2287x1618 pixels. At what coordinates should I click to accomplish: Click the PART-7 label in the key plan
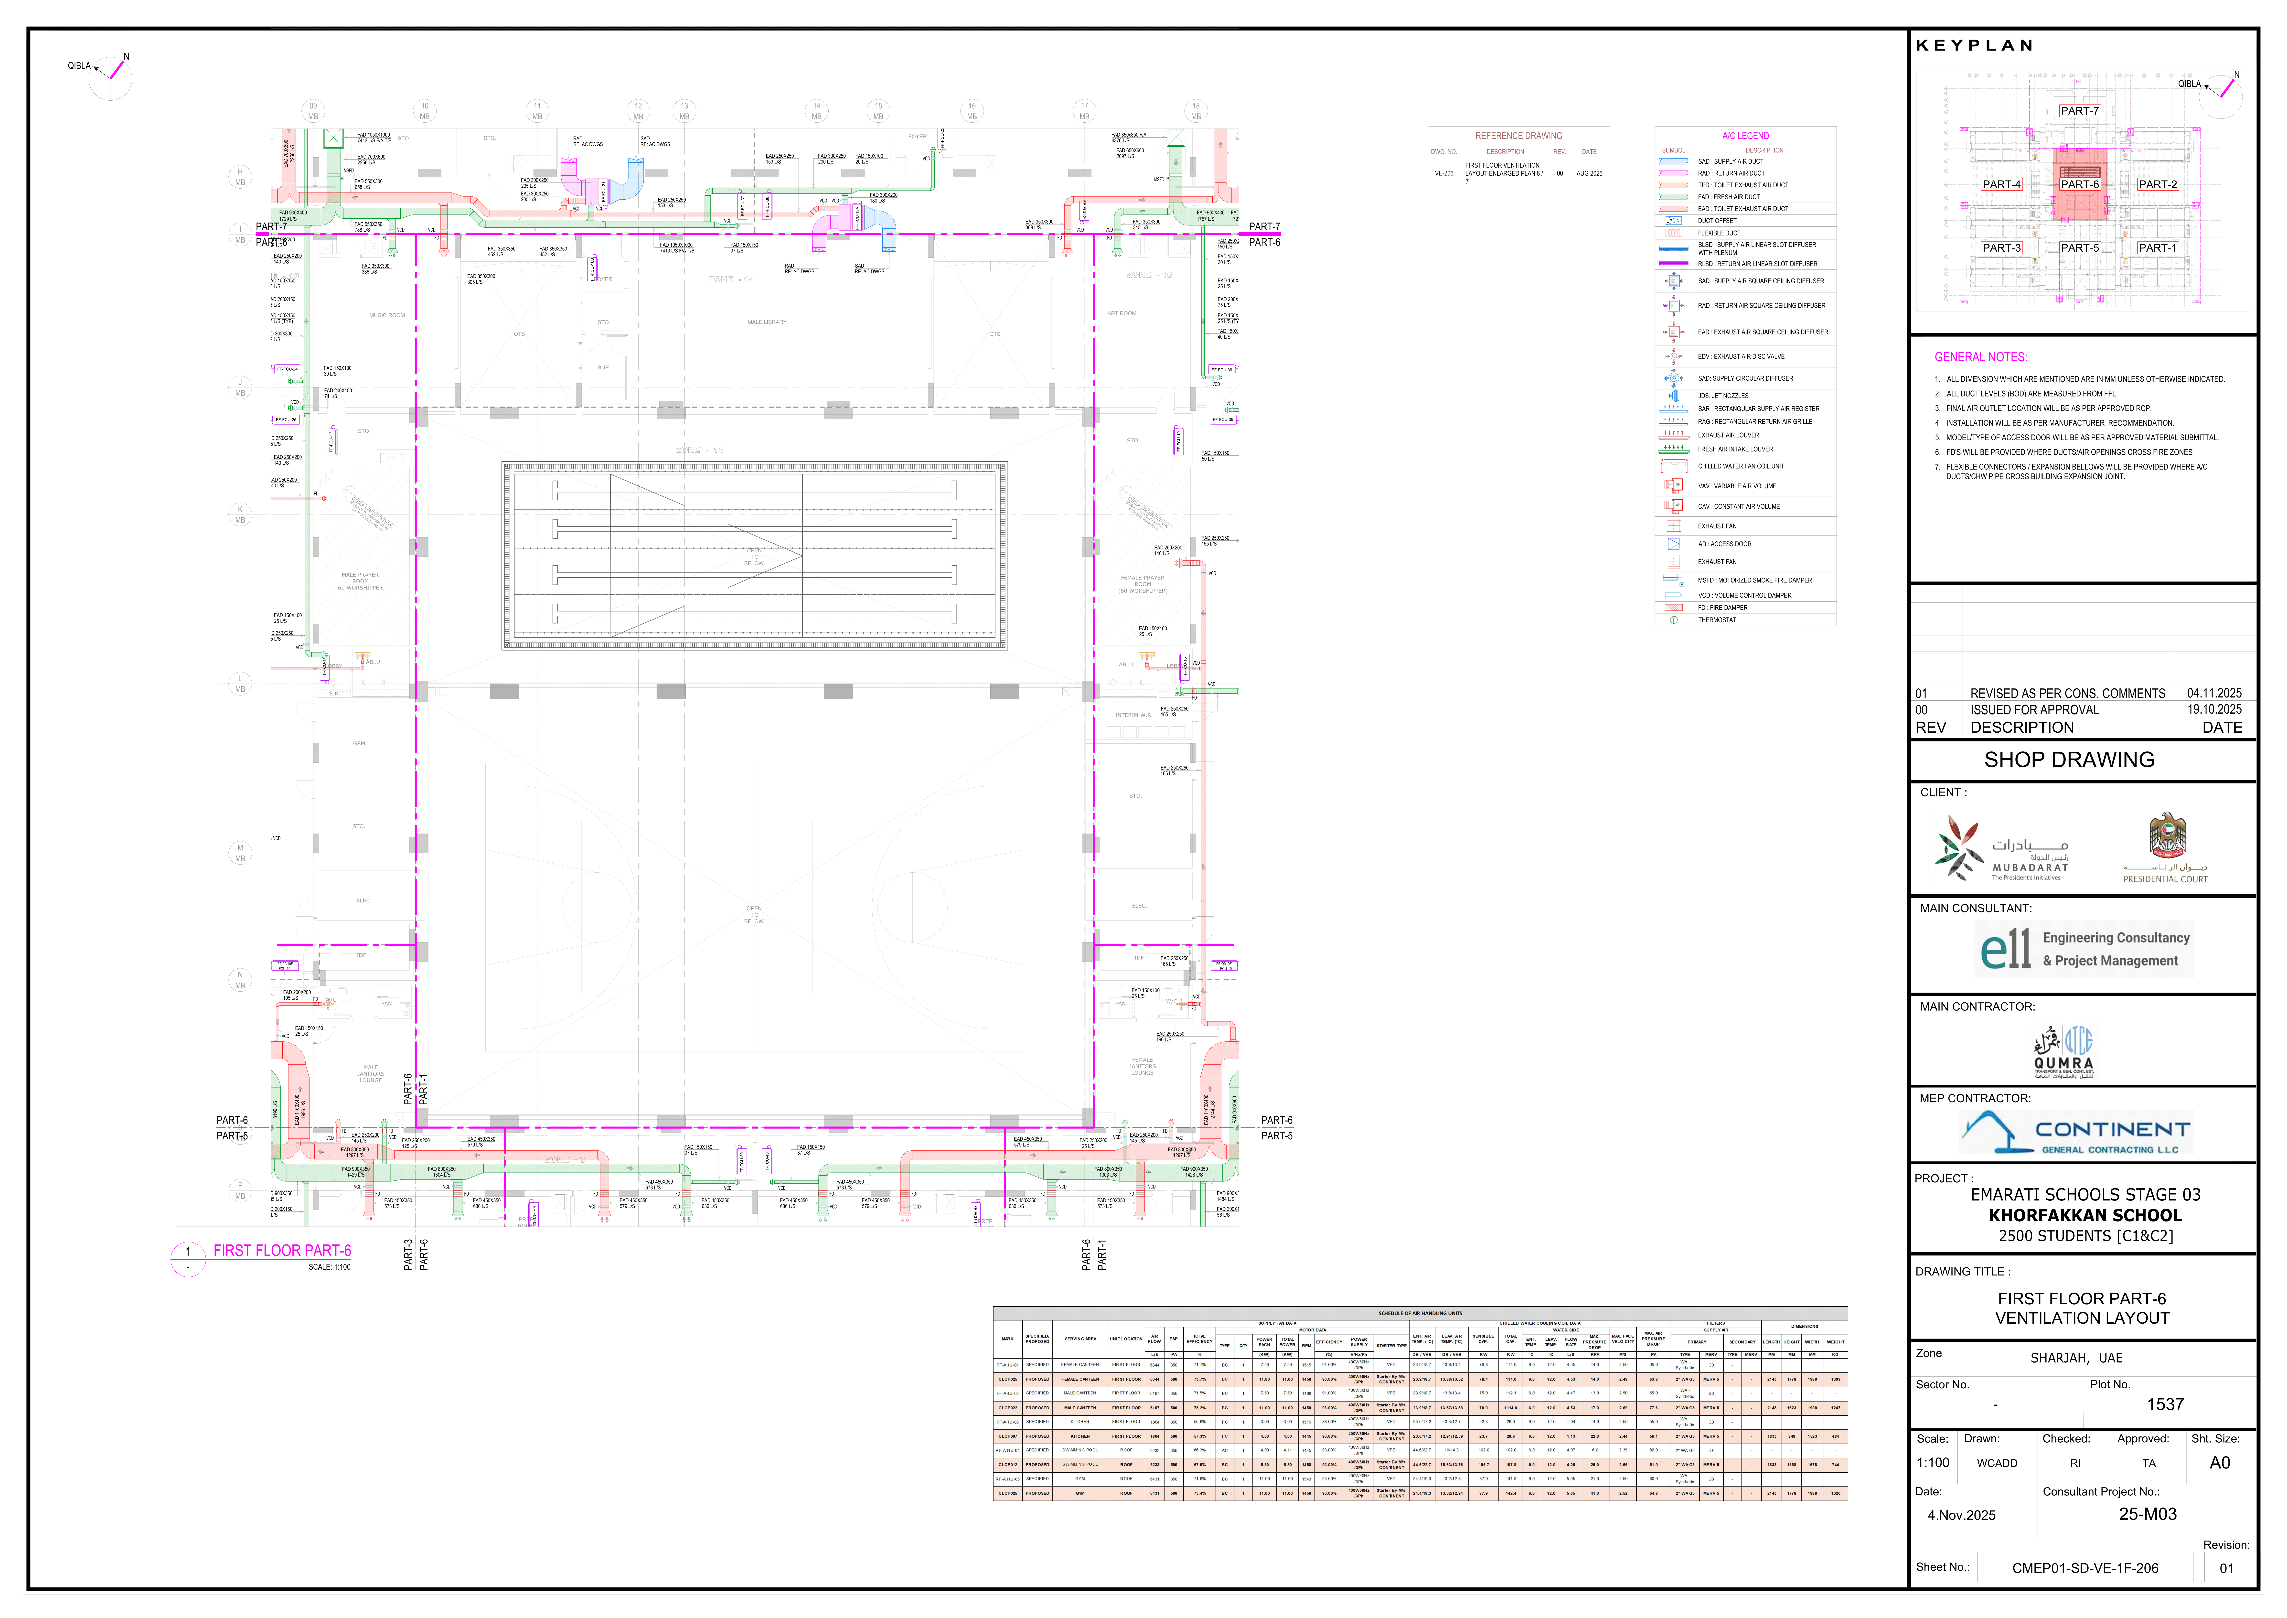tap(2080, 111)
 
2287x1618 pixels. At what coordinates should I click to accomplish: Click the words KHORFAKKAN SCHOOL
tap(2085, 1215)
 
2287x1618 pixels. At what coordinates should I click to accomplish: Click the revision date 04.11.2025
tap(2214, 693)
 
